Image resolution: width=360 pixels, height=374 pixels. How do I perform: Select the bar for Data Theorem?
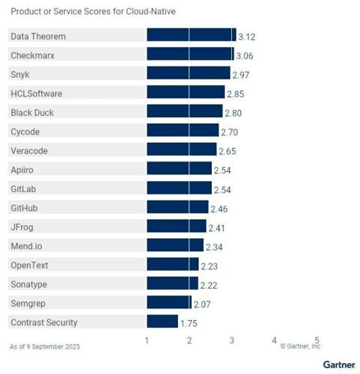coord(191,35)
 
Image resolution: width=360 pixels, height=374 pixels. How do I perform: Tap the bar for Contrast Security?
coord(162,322)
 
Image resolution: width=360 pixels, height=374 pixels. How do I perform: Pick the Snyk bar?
coord(188,73)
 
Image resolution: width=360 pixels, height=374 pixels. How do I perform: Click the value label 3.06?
coord(244,55)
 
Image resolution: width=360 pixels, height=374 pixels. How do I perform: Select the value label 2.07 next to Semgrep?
coord(203,304)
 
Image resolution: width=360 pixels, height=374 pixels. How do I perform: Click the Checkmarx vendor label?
coord(33,55)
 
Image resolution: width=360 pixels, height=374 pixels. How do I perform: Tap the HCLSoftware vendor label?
coord(37,93)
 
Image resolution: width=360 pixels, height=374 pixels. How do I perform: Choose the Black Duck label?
coord(32,112)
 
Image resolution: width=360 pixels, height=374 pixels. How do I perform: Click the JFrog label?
coord(22,227)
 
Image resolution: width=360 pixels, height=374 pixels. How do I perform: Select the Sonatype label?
coord(28,283)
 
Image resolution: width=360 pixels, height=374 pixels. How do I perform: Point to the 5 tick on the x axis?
coord(317,340)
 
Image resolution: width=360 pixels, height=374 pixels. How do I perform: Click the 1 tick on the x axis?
coord(147,340)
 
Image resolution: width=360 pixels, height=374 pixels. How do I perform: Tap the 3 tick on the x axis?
coord(232,340)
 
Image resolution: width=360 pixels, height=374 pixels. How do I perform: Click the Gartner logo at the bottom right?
coord(338,364)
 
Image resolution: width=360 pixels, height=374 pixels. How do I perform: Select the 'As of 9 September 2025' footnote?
coord(44,346)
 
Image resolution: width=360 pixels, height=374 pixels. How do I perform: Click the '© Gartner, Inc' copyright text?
coord(300,346)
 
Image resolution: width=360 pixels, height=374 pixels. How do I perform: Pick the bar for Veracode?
coord(181,150)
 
